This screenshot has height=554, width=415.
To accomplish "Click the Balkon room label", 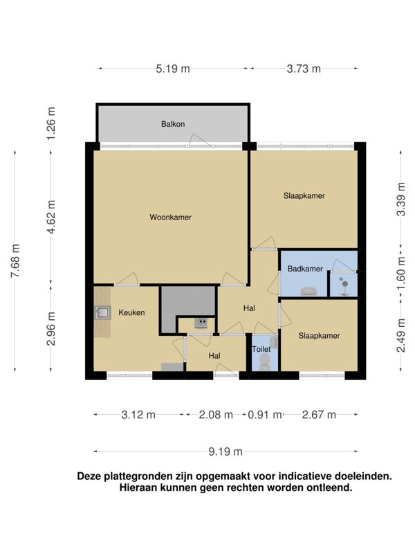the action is [173, 124].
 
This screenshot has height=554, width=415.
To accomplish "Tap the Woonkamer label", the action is [170, 217].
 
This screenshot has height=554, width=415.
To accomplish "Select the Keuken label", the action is [131, 312].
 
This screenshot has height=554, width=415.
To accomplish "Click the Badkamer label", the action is [305, 269].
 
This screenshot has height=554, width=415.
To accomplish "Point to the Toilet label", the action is [261, 349].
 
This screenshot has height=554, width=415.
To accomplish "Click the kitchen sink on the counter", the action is [102, 313].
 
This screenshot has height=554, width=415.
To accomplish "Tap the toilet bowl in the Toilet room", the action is [265, 361].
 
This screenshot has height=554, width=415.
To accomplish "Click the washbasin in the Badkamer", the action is [308, 292].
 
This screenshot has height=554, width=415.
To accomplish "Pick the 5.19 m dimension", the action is [173, 69].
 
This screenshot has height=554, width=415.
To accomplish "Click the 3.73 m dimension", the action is [304, 69].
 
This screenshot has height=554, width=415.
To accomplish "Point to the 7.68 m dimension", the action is [15, 260].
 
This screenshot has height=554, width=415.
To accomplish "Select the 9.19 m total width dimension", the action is [225, 452].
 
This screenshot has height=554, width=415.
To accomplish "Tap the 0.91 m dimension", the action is [265, 415].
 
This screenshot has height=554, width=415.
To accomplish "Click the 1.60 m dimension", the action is [401, 273].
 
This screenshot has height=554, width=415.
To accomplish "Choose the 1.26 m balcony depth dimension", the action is [51, 123].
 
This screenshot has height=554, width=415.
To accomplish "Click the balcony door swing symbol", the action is [200, 141].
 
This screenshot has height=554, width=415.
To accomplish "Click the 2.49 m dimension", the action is [401, 335].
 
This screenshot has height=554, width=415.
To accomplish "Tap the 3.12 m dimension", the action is [138, 415].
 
